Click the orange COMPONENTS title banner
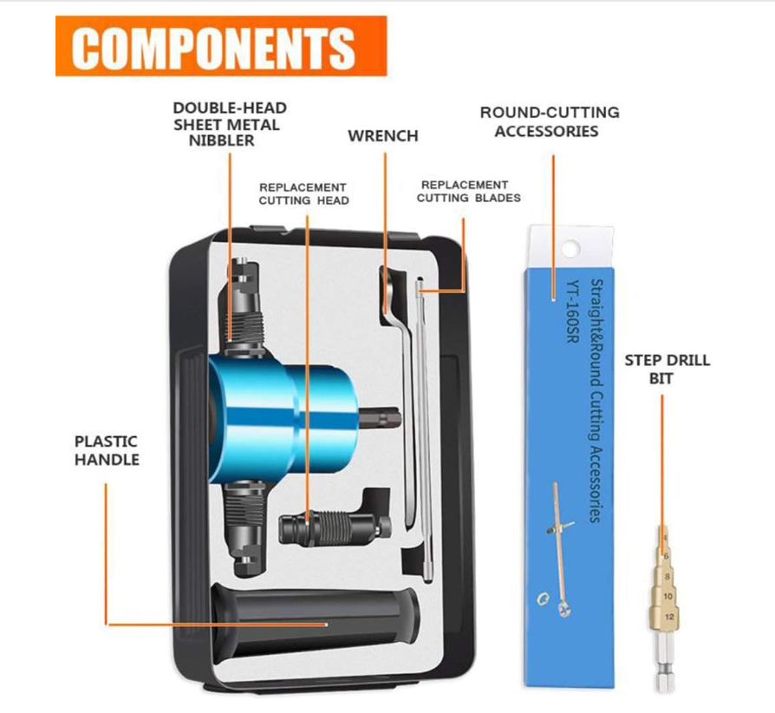click(221, 46)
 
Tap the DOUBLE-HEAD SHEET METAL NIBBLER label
click(230, 124)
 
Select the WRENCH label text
click(383, 136)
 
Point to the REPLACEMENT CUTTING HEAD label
click(304, 193)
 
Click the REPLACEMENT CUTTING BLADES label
click(469, 192)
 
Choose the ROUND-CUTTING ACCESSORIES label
click(550, 121)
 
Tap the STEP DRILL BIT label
click(668, 370)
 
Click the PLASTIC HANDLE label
click(107, 450)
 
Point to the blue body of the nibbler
click(282, 418)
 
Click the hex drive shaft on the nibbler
click(379, 419)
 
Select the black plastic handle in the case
click(316, 621)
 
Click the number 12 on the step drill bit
click(669, 617)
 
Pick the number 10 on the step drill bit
click(668, 596)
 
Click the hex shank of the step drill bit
click(664, 662)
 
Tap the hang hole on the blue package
click(570, 248)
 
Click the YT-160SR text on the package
click(572, 311)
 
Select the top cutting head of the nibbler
click(244, 306)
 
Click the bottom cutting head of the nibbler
click(244, 529)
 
